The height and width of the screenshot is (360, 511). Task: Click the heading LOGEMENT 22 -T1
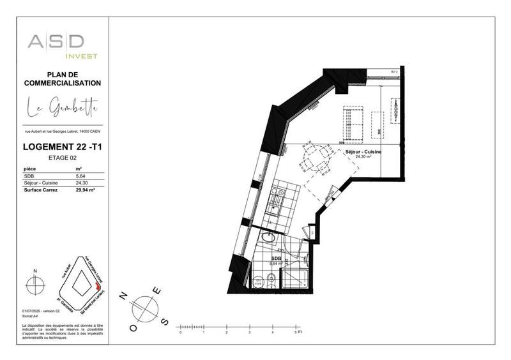pyautogui.click(x=62, y=147)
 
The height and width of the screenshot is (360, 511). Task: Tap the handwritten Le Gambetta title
pyautogui.click(x=62, y=108)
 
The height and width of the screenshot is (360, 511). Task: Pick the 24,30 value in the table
pyautogui.click(x=81, y=182)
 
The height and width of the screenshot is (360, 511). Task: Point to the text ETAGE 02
pyautogui.click(x=62, y=157)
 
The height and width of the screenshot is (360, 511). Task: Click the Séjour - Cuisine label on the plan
pyautogui.click(x=363, y=152)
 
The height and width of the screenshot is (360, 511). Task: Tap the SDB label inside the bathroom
pyautogui.click(x=276, y=259)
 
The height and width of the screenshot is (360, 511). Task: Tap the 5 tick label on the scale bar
pyautogui.click(x=296, y=333)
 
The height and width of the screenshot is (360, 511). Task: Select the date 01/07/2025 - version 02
pyautogui.click(x=40, y=311)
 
